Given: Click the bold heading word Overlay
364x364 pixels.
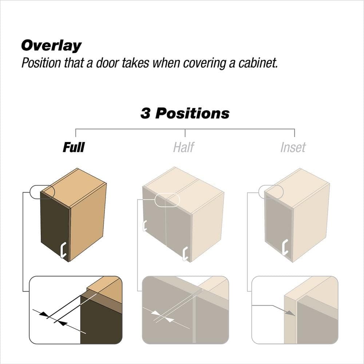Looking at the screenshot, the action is point(51,45).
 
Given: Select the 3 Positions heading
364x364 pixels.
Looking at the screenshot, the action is point(185,113).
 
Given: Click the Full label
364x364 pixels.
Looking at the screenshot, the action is point(74,147).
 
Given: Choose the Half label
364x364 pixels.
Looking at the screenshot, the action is point(183,147).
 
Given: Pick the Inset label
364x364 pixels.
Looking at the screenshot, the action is point(293,147).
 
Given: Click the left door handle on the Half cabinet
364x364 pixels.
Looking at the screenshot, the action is point(145,225).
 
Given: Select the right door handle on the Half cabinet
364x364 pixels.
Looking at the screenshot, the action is point(185,254).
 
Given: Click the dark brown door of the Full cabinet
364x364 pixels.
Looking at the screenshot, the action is point(55,226).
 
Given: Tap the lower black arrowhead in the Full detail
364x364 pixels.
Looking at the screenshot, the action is point(62,323).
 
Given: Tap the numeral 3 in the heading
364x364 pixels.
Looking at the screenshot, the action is point(145,113).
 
